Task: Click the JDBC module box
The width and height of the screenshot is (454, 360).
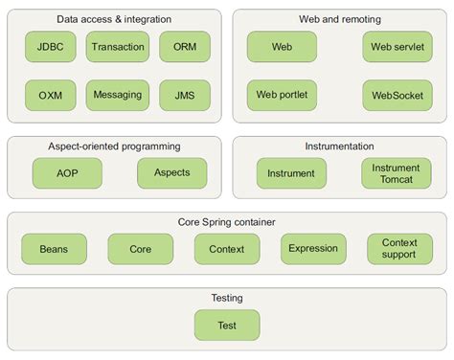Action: [52, 46]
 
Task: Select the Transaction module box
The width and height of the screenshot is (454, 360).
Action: [118, 46]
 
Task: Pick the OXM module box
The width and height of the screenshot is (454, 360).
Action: [52, 95]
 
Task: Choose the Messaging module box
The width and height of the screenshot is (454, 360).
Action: [118, 95]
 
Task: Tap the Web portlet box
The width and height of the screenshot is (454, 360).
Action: [282, 95]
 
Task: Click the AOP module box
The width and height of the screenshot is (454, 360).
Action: [66, 172]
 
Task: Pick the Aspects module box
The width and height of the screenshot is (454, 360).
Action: [171, 172]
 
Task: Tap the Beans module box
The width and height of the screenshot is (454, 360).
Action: [54, 249]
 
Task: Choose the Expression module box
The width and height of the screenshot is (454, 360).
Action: [313, 249]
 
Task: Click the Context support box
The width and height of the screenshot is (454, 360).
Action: [399, 249]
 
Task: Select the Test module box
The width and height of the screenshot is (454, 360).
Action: [227, 326]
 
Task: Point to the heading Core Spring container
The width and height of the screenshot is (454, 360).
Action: [227, 222]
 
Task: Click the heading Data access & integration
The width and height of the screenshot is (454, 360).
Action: [115, 17]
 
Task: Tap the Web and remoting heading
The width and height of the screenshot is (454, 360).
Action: [340, 17]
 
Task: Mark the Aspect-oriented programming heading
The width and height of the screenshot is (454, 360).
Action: [114, 146]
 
